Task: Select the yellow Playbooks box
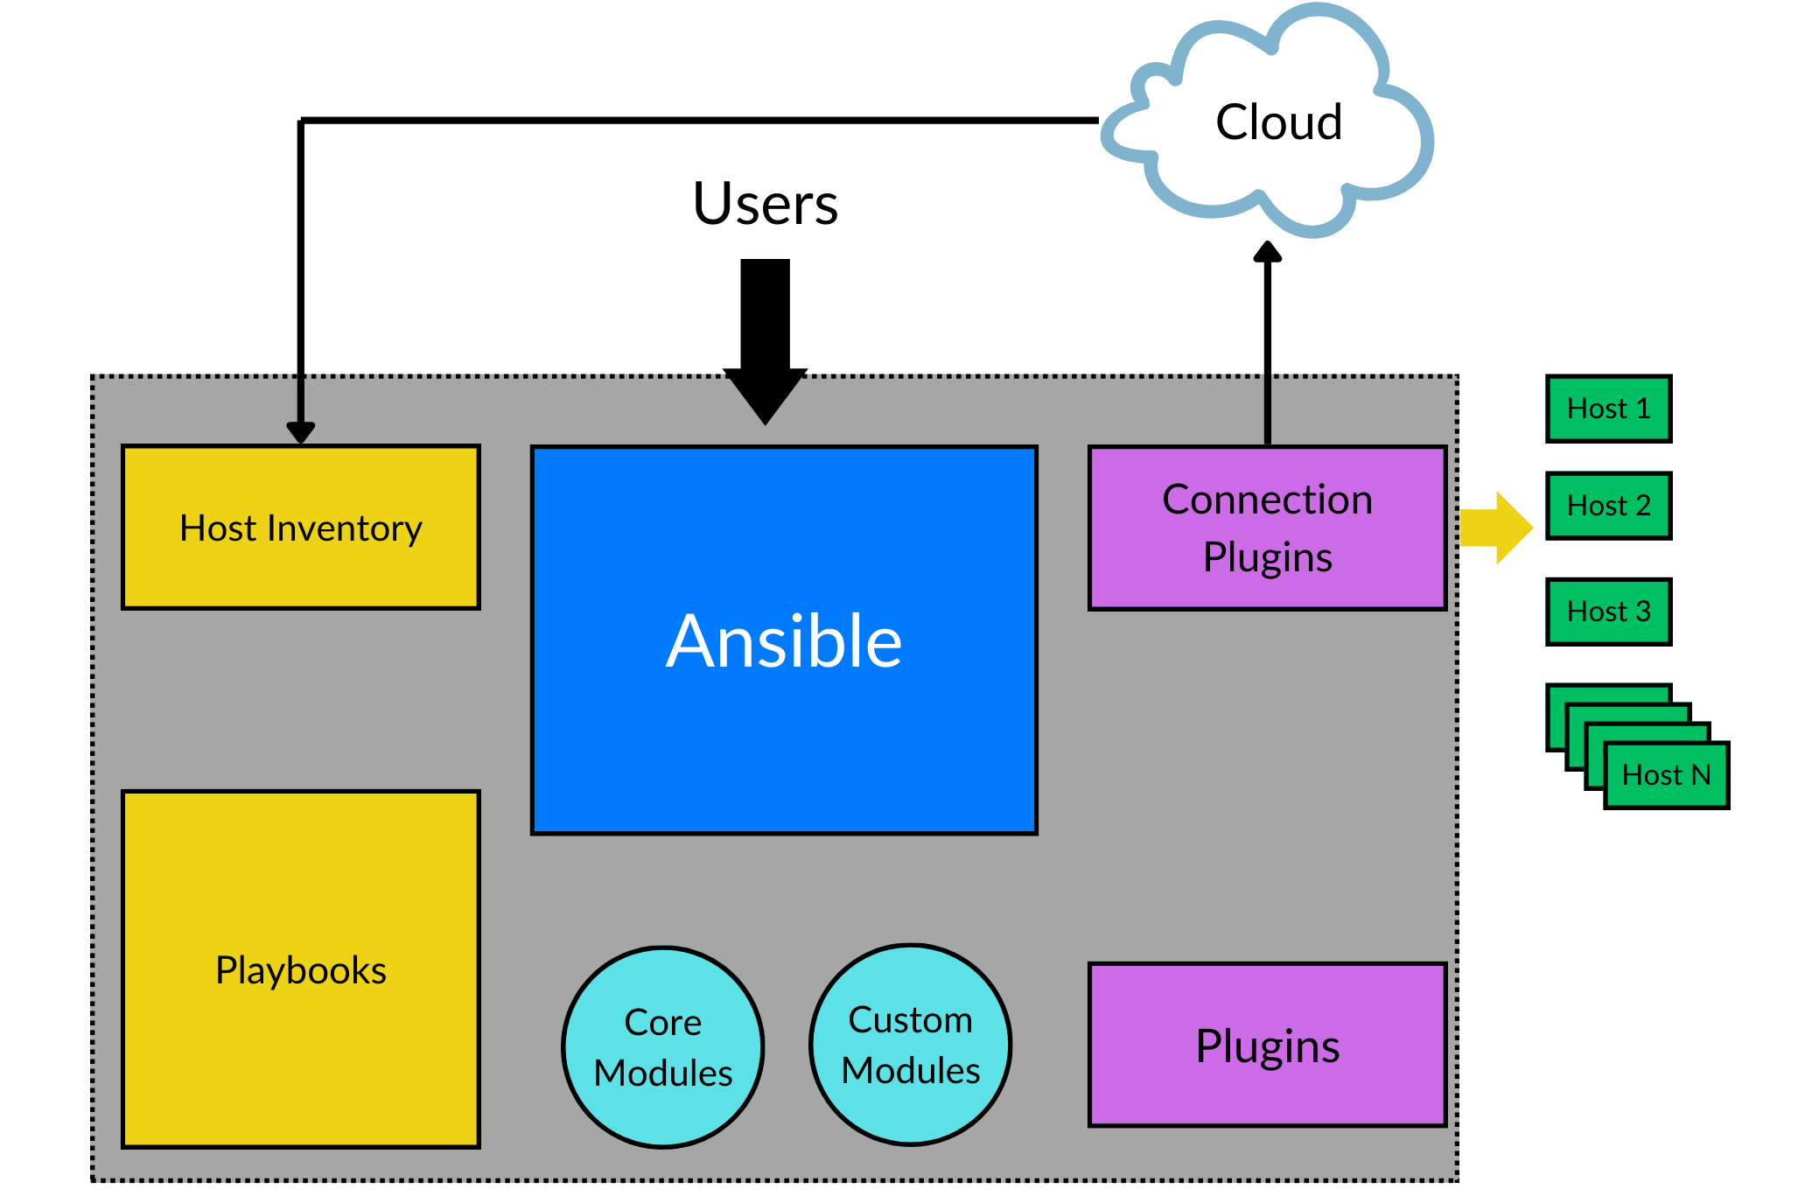pyautogui.click(x=300, y=969)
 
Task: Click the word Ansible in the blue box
pyautogui.click(x=784, y=641)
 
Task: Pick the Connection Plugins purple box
pyautogui.click(x=1267, y=528)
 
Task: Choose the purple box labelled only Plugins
pyautogui.click(x=1267, y=1045)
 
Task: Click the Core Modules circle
pyautogui.click(x=663, y=1047)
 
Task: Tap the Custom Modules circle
pyautogui.click(x=910, y=1045)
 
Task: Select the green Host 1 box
pyautogui.click(x=1608, y=409)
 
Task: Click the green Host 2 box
pyautogui.click(x=1608, y=506)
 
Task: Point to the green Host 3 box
pyautogui.click(x=1608, y=611)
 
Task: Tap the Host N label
pyautogui.click(x=1666, y=775)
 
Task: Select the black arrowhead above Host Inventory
pyautogui.click(x=300, y=431)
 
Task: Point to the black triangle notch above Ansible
pyautogui.click(x=766, y=397)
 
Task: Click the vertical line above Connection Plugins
pyautogui.click(x=1267, y=409)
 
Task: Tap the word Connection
pyautogui.click(x=1267, y=500)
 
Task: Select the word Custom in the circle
pyautogui.click(x=910, y=1020)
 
